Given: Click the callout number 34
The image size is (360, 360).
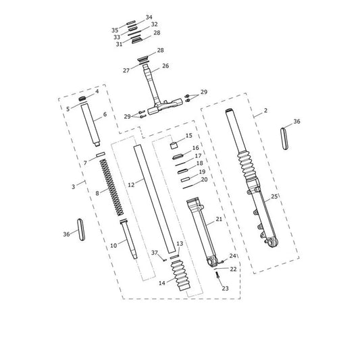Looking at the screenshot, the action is click(149, 17).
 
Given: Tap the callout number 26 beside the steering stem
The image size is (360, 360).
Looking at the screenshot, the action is click(165, 66).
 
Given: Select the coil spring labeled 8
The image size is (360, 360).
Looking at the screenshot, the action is click(112, 188).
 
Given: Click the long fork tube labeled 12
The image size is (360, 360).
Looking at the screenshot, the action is click(155, 199).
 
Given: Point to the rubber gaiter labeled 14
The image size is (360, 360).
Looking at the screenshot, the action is click(181, 276).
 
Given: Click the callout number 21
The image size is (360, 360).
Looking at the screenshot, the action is click(219, 219).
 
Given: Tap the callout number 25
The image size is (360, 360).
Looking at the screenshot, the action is click(274, 197).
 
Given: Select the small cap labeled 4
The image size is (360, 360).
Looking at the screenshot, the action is click(82, 99).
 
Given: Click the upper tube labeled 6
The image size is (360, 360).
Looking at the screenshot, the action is click(91, 124).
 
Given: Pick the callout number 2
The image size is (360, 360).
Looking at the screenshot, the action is click(265, 111).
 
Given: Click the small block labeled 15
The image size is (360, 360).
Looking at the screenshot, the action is click(174, 146).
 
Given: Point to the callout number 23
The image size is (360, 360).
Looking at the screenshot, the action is click(225, 288).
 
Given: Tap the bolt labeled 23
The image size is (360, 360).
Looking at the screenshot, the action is click(217, 275).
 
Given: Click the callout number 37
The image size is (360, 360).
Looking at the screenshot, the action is click(155, 253).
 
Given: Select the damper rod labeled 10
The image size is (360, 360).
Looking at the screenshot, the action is click(129, 239).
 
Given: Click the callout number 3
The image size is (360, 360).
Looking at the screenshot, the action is click(73, 186).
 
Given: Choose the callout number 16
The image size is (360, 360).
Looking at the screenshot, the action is click(196, 148).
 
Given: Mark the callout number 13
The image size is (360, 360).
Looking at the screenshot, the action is click(180, 244).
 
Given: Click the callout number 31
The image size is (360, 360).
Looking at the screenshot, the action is click(119, 44).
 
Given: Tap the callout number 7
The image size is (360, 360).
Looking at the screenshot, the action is click(85, 163).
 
